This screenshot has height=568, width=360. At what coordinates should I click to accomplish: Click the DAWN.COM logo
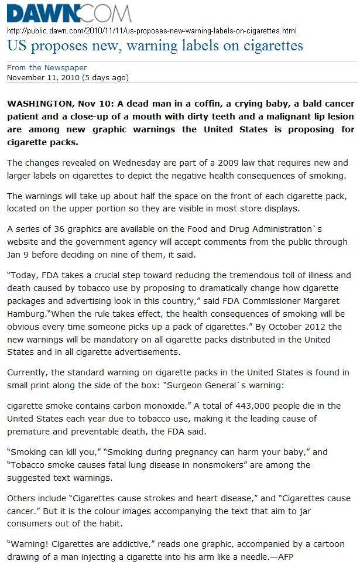pyautogui.click(x=69, y=13)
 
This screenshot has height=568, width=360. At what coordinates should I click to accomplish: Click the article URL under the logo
pyautogui.click(x=152, y=30)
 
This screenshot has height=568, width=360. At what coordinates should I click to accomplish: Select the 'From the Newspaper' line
pyautogui.click(x=47, y=67)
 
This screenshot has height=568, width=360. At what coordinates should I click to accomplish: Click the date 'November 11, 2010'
pyautogui.click(x=43, y=77)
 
